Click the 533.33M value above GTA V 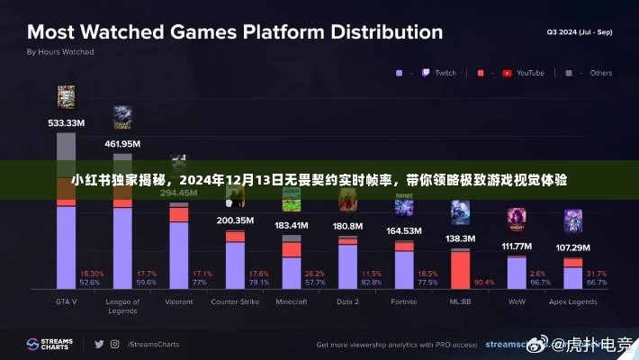click(x=66, y=122)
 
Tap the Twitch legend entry click(x=437, y=73)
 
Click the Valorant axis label click(x=178, y=301)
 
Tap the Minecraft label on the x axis click(x=291, y=301)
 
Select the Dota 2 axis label click(x=347, y=301)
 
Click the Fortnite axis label click(x=403, y=301)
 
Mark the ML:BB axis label click(x=460, y=301)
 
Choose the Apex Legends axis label click(x=572, y=301)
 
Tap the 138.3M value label click(x=460, y=238)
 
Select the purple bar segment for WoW click(x=516, y=274)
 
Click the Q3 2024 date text click(x=578, y=32)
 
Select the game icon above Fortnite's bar click(x=403, y=209)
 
